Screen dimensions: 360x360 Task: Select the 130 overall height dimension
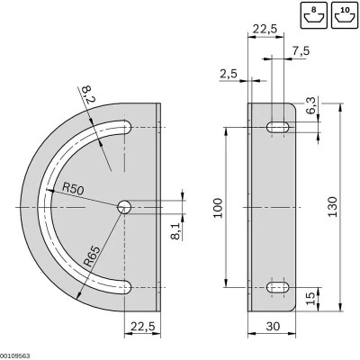pyautogui.click(x=332, y=209)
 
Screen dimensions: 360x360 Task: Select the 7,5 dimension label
pyautogui.click(x=300, y=51)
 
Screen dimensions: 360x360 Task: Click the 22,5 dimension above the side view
pyautogui.click(x=265, y=28)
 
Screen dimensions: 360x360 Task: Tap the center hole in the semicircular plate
pyautogui.click(x=123, y=207)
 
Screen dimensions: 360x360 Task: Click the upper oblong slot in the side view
pyautogui.click(x=277, y=129)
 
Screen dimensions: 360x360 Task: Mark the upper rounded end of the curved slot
pyautogui.click(x=125, y=130)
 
